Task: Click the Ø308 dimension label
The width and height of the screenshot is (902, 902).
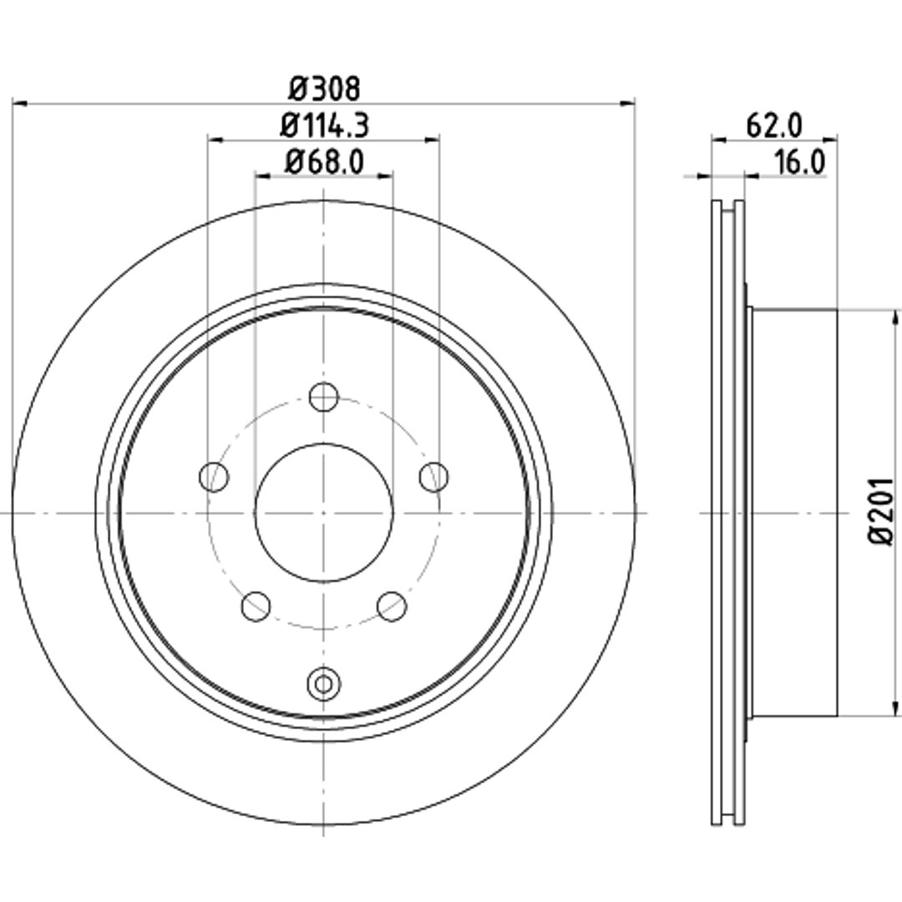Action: [324, 88]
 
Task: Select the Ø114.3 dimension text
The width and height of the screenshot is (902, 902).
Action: [324, 125]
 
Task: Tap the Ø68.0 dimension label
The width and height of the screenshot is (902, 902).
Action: [324, 162]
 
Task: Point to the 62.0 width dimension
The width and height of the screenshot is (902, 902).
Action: [773, 125]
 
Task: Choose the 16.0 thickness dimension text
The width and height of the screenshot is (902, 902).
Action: [799, 162]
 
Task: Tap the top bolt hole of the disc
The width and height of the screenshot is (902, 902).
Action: [324, 397]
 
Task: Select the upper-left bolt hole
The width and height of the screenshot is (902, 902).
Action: [214, 477]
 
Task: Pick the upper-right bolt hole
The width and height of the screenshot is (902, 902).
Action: [433, 477]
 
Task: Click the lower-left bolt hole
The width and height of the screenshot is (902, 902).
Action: [256, 606]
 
